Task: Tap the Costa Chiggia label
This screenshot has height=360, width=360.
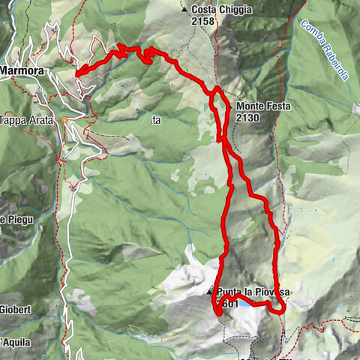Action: [x=221, y=10]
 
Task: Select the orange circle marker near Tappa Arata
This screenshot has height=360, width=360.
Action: [x=65, y=119]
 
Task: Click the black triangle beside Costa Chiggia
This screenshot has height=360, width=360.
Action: [x=184, y=10]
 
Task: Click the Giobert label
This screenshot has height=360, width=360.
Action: [x=15, y=309]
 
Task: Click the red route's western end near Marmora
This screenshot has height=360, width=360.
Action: [x=78, y=73]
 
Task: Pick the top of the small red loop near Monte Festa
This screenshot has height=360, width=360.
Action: [x=217, y=89]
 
